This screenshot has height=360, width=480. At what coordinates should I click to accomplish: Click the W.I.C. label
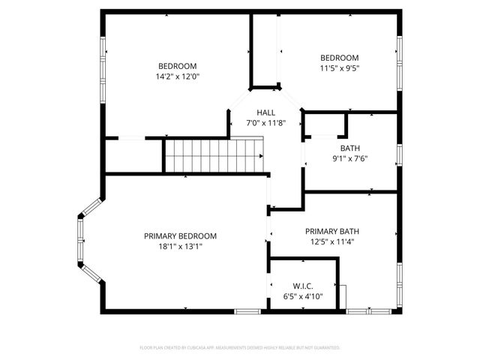[x=302, y=286]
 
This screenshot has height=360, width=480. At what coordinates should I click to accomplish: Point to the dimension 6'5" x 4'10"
[x=302, y=296]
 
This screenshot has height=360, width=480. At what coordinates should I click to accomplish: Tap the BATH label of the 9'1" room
[x=349, y=148]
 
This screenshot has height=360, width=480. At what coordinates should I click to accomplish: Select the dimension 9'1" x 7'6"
[x=349, y=159]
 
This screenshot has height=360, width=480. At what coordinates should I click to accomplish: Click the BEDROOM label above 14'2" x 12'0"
[x=177, y=64]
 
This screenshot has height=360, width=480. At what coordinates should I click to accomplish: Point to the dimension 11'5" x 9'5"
[x=340, y=68]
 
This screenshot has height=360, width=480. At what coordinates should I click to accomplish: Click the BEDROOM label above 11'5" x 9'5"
[x=340, y=58]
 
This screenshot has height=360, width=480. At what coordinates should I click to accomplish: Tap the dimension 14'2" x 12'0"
[x=177, y=76]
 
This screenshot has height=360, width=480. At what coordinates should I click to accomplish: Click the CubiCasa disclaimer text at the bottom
[x=240, y=348]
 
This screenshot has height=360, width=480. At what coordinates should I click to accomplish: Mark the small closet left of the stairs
[x=133, y=155]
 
